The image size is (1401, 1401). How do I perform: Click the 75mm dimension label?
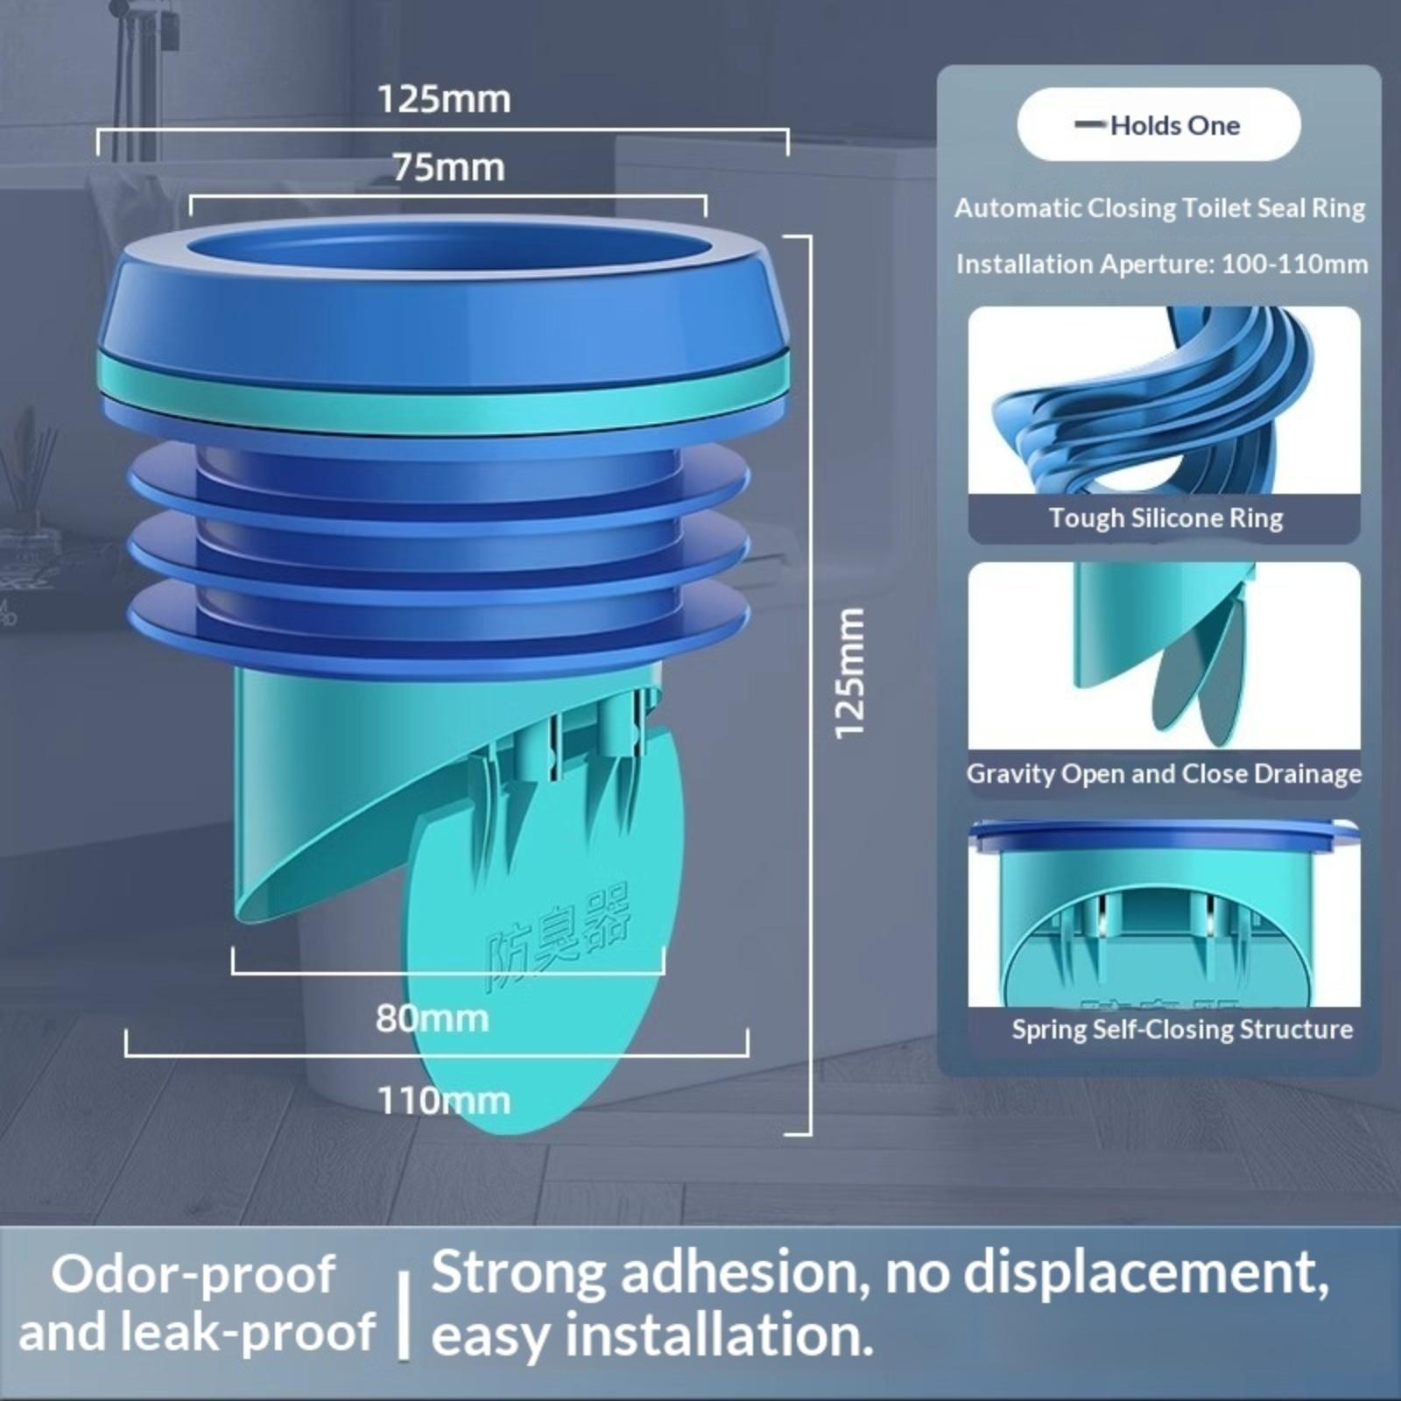448,167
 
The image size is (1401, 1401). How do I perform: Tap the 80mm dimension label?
432,1017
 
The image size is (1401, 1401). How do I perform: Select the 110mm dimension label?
444,1100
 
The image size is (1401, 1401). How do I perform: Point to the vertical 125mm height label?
849,673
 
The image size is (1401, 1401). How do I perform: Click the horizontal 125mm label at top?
444,99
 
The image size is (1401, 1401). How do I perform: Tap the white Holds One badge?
1158,124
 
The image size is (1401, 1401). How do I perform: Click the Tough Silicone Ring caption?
1165,517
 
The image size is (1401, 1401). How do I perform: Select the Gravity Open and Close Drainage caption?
1164,774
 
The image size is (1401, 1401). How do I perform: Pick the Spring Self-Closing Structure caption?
1182,1029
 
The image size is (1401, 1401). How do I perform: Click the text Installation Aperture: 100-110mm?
1162,264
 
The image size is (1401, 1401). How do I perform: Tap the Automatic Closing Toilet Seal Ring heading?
1160,208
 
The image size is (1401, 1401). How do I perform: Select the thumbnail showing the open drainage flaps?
1164,656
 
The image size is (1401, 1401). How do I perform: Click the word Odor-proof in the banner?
194,1274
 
